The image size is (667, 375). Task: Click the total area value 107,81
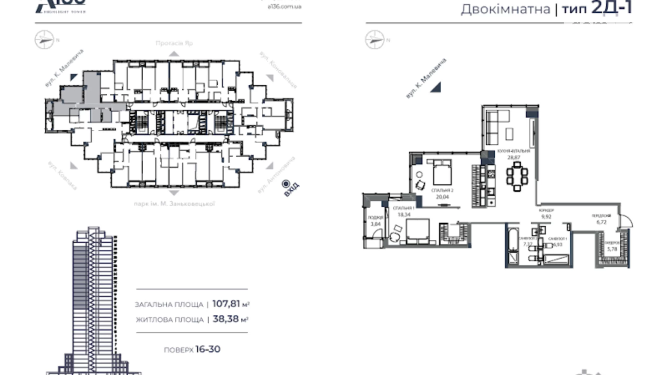point(226,304)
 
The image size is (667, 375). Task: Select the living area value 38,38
point(226,319)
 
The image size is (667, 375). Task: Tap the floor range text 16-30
point(208,349)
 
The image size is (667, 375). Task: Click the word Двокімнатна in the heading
point(505,9)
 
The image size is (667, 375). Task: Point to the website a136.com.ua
point(284,6)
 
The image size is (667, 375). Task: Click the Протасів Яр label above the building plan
point(174,43)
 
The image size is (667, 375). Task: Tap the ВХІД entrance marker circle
point(286,184)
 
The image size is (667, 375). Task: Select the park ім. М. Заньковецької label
point(174,204)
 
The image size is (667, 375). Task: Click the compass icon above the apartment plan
point(374,40)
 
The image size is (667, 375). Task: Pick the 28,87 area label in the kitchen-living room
point(514,158)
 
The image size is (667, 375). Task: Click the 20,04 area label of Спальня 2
point(442,197)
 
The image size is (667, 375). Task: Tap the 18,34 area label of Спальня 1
point(404,215)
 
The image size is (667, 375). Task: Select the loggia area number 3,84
point(375,224)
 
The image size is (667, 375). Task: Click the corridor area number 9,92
point(546,217)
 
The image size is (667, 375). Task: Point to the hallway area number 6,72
point(601,222)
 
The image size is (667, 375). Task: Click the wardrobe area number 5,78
point(612,249)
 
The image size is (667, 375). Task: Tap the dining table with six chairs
point(517,176)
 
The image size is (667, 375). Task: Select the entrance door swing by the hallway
point(626,220)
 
